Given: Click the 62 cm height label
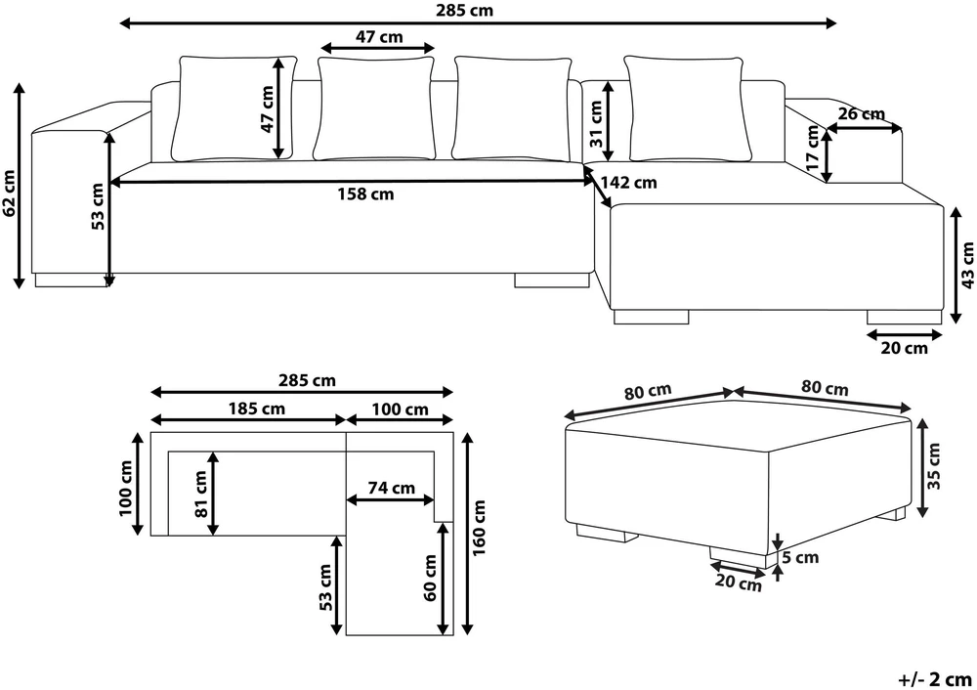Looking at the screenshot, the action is click(10, 193).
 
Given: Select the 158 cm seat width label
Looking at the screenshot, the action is click(365, 194).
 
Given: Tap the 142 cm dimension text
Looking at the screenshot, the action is click(628, 183).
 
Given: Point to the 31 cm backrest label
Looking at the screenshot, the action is click(596, 124).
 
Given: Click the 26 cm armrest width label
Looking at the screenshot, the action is click(862, 114).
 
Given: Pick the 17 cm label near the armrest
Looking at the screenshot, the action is click(812, 149).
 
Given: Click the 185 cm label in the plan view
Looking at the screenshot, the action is click(257, 409).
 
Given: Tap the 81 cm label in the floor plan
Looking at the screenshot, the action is click(200, 495).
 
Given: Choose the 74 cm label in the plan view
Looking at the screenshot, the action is click(392, 488).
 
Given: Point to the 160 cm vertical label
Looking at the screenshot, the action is click(479, 529).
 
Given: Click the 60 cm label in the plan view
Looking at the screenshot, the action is click(430, 578).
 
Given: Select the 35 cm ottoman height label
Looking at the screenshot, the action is click(933, 465).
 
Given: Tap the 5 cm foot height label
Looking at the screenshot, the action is click(801, 557).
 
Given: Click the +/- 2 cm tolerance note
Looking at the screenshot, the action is click(935, 679).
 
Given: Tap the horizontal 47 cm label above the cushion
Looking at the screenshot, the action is click(379, 37).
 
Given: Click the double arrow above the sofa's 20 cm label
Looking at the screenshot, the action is click(904, 334).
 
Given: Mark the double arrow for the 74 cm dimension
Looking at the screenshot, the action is click(390, 499).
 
